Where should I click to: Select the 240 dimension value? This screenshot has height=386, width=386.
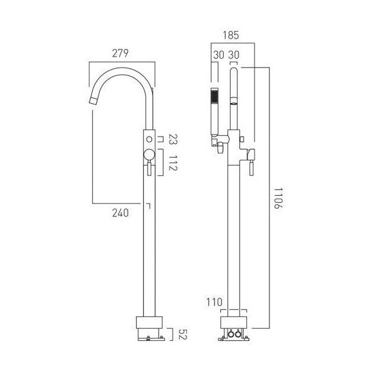point(121,213)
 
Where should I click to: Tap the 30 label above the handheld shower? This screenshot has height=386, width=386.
point(217,56)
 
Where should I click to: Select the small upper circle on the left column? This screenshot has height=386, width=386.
point(149,139)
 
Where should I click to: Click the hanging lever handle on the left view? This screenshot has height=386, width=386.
point(149,169)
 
